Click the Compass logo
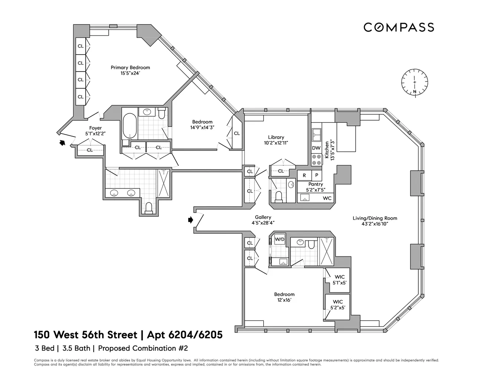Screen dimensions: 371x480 [398, 27]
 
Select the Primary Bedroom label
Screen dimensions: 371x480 [130, 68]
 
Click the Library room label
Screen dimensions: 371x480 [276, 137]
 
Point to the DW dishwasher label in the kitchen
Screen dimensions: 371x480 [316, 148]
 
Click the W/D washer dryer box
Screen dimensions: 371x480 [279, 239]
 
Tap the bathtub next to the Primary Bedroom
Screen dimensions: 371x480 [129, 126]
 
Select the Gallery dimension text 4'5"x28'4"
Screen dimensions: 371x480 [263, 223]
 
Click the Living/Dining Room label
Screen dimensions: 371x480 [375, 218]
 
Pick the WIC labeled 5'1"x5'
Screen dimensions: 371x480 [339, 280]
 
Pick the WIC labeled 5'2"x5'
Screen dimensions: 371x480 [338, 305]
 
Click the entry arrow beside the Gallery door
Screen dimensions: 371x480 [191, 220]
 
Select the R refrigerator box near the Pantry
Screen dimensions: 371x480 [304, 175]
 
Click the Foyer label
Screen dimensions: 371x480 [95, 128]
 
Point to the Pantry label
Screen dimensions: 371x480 [315, 184]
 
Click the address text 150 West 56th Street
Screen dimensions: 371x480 [85, 335]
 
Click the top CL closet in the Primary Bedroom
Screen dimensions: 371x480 [80, 46]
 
